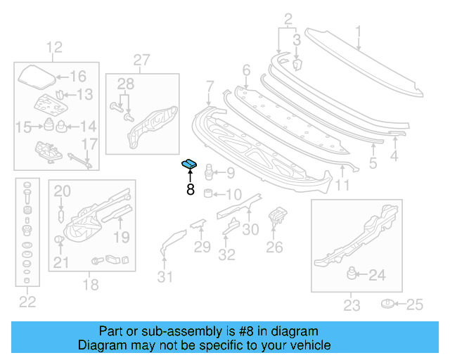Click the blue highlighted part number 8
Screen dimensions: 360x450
pos(189,165)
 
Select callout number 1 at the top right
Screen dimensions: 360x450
pos(358,31)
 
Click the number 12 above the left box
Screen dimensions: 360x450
pos(55,48)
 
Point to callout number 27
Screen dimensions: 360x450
pos(141,60)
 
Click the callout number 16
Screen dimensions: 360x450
pos(77,77)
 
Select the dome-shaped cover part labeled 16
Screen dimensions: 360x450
pos(35,76)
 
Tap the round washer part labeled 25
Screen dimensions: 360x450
pos(387,304)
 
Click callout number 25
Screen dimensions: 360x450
pos(416,304)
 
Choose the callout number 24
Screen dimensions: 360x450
pos(378,276)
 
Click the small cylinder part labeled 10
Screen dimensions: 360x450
pos(208,193)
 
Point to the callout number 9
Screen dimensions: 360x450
pos(231,172)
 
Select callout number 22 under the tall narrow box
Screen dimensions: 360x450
pos(27,302)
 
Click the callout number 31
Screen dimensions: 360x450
pos(164,277)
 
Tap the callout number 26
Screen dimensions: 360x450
pos(274,247)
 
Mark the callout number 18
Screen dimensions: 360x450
pos(91,285)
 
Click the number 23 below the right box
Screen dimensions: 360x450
pos(352,305)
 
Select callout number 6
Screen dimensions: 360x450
pos(246,70)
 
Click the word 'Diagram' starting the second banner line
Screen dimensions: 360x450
pos(102,345)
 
